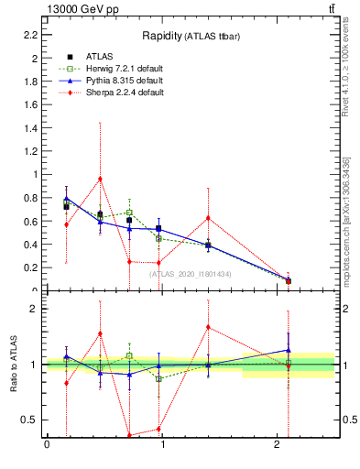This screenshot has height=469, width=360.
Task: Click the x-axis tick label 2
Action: point(278,445)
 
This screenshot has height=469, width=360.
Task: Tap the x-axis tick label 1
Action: point(162,445)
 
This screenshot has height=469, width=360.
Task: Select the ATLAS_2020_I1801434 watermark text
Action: point(190,275)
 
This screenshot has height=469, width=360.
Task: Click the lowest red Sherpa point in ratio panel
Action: point(129,435)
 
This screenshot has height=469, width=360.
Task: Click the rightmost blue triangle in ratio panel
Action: point(289,349)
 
